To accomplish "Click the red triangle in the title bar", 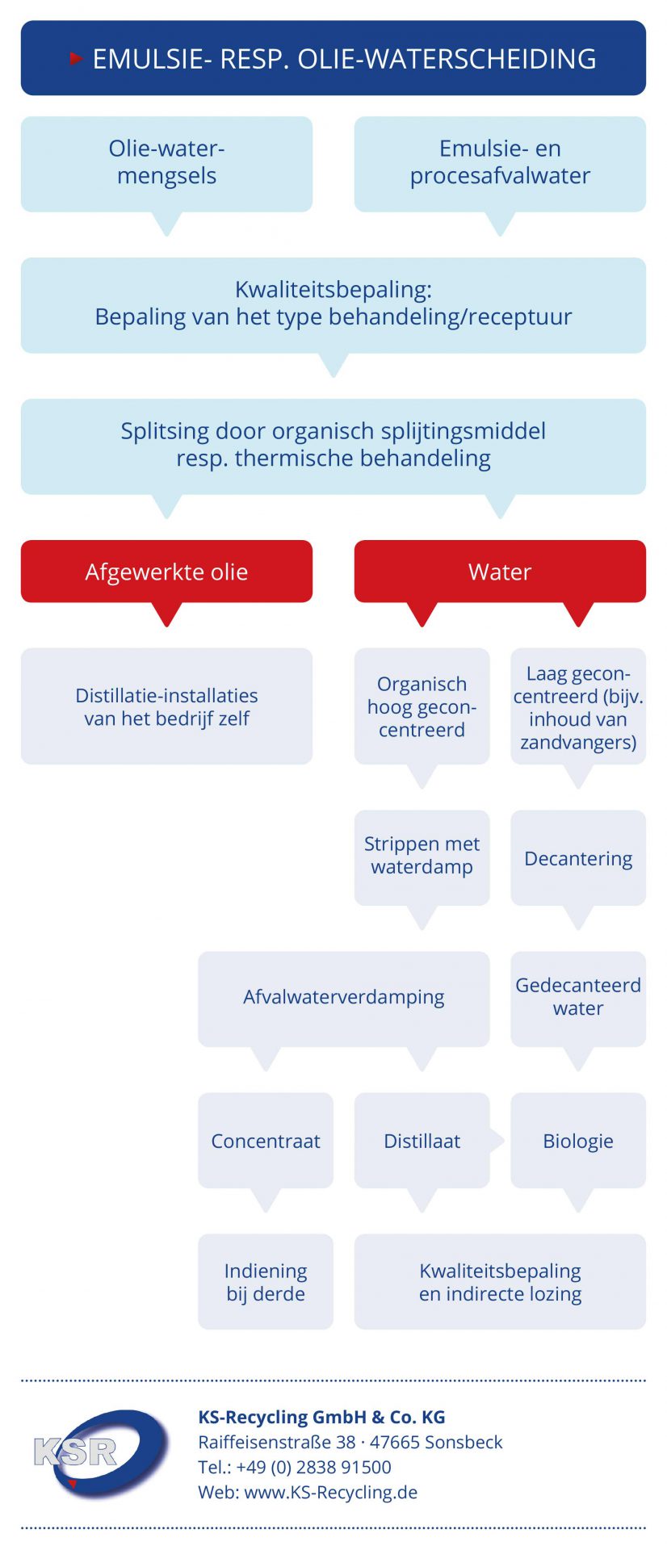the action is coord(77,58).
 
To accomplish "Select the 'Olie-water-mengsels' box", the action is coord(166,164).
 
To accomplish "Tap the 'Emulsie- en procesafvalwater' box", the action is coord(500,164).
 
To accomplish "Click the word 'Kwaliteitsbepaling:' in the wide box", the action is coord(333,289).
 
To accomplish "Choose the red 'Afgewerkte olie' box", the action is coord(166,572).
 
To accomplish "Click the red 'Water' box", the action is coord(500,572).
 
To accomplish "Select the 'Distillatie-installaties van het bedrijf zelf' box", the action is coord(166,706).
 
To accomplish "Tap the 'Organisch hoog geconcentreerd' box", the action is coord(422,706).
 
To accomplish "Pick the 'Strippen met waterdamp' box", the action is coord(422,857).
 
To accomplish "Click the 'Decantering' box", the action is coord(578,857).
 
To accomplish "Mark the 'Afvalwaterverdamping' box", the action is coord(344,999).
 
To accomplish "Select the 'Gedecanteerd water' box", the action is coord(578,999).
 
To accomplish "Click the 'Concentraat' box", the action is coord(266,1140).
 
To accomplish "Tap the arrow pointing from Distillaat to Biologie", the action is coord(497,1141).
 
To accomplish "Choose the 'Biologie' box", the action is coord(578,1140).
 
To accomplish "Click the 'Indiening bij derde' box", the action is coord(266,1281).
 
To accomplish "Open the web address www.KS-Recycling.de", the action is coord(331,1492).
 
